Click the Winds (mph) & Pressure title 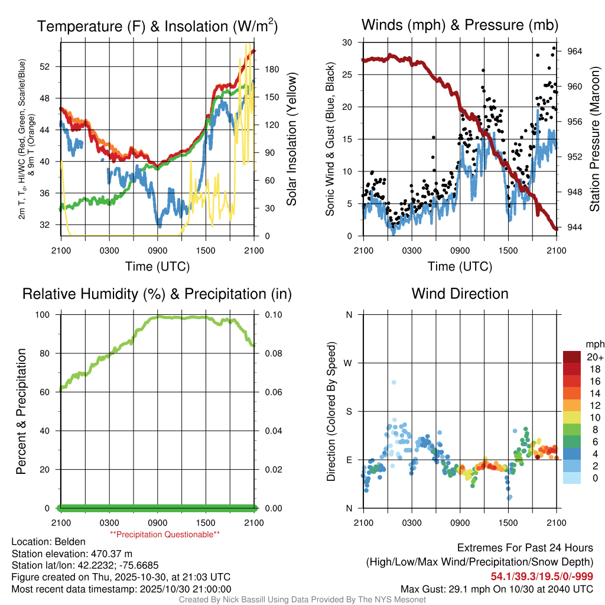click(x=460, y=25)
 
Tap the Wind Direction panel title click(x=460, y=294)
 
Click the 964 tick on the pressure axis click(x=575, y=51)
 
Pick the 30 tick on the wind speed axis click(x=347, y=42)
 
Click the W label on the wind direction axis click(x=349, y=363)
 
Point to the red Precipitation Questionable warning click(x=165, y=534)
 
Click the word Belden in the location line click(x=70, y=542)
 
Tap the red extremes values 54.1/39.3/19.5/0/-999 click(x=542, y=576)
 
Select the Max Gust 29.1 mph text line click(x=496, y=588)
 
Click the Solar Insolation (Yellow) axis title click(x=291, y=139)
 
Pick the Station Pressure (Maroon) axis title click(x=595, y=139)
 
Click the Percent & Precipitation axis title click(x=21, y=411)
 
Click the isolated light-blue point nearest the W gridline click(x=394, y=382)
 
